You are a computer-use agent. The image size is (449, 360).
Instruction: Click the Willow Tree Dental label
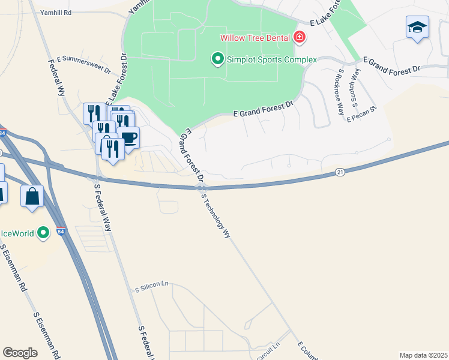pos(256,37)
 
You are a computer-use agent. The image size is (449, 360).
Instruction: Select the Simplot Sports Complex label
pos(271,59)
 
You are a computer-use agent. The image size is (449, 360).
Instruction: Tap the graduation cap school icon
pos(417,27)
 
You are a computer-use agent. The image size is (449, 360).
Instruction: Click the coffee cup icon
pos(128,137)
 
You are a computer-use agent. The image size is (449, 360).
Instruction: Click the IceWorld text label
pos(17,233)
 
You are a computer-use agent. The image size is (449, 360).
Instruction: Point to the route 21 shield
pos(340,172)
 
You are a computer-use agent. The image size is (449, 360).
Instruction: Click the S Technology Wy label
pos(216,217)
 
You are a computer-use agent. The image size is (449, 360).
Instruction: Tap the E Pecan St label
pos(361,113)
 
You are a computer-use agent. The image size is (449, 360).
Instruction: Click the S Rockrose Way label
pos(340,91)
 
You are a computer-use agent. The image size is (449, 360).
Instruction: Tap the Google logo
pos(20,353)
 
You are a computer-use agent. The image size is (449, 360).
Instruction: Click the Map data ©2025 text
pos(423,355)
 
